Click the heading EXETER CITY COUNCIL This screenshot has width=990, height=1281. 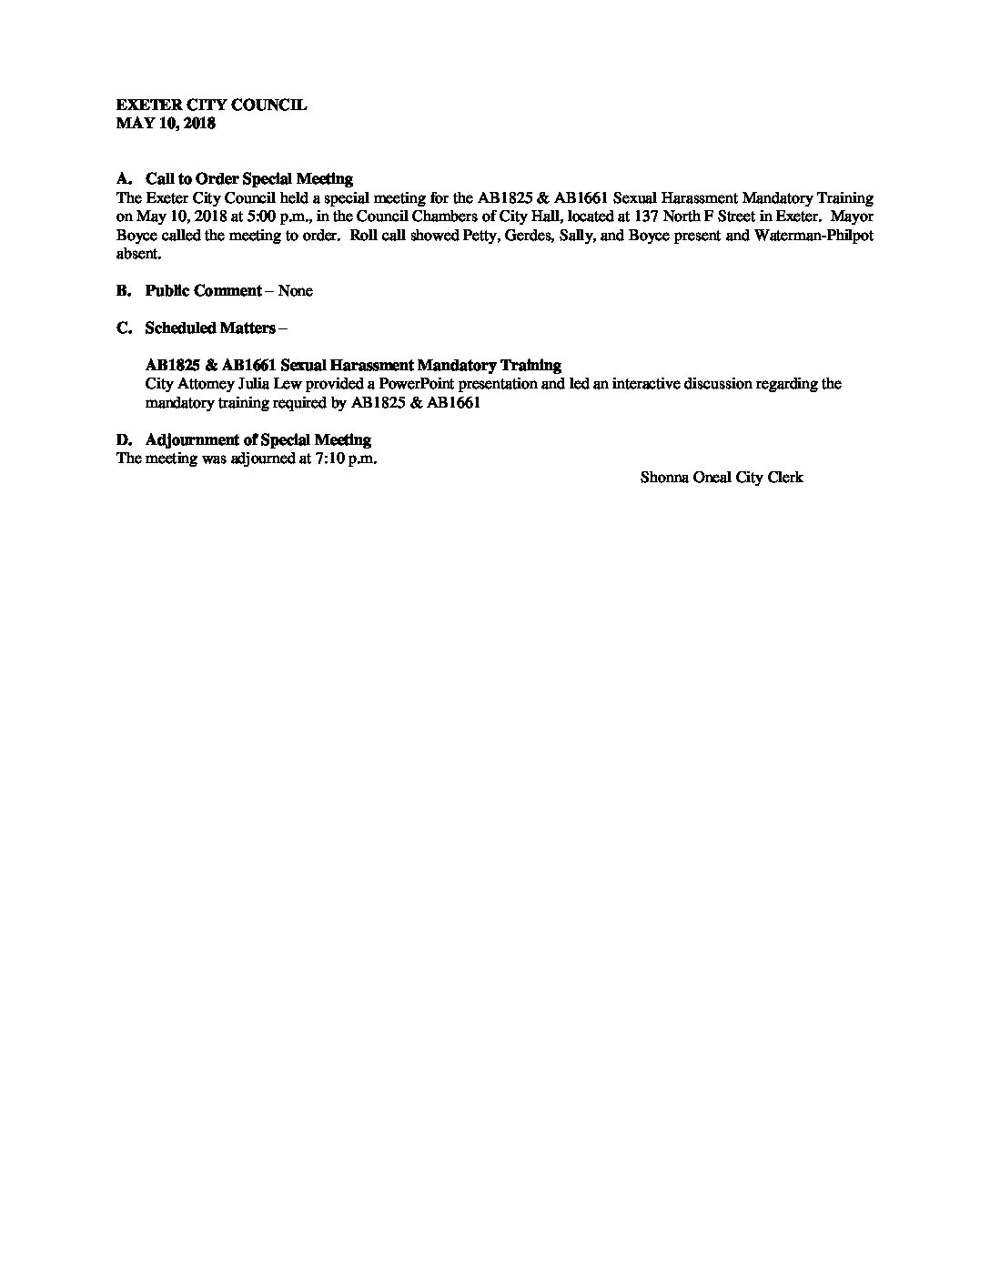211,106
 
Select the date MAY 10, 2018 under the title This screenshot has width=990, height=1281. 166,124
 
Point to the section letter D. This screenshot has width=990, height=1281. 124,440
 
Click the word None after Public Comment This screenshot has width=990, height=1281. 295,291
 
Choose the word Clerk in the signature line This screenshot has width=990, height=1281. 785,478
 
